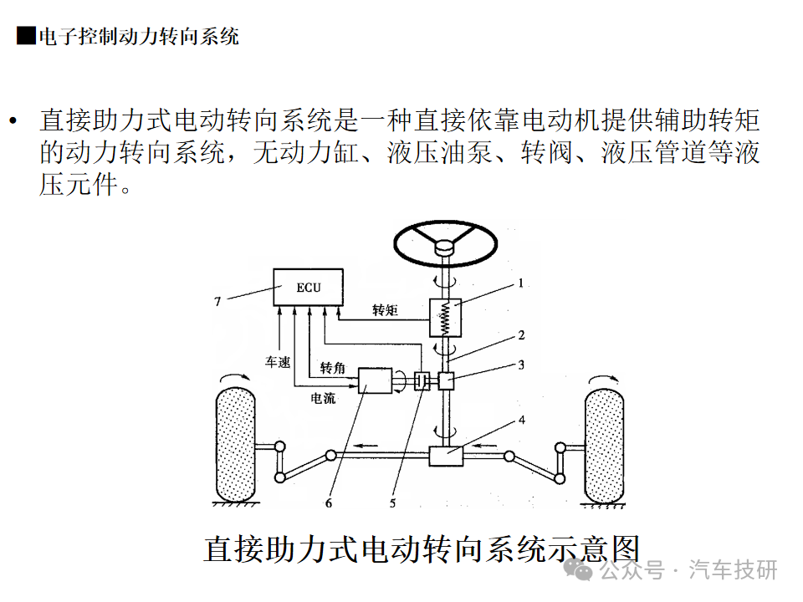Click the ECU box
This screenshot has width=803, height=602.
coord(308,288)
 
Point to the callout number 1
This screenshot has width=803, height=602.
coord(519,283)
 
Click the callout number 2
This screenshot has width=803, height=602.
coord(520,336)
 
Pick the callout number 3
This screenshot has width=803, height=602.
coord(520,365)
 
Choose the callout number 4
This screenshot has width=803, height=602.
coord(521,421)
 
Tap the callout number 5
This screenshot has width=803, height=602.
coord(392,503)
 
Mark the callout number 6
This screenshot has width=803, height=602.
coord(329,503)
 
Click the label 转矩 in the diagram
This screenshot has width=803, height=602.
coord(385,310)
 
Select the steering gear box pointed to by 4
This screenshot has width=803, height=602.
coord(446,456)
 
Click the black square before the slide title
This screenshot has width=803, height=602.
coord(26,36)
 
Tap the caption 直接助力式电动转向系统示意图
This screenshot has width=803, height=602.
coord(421,549)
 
